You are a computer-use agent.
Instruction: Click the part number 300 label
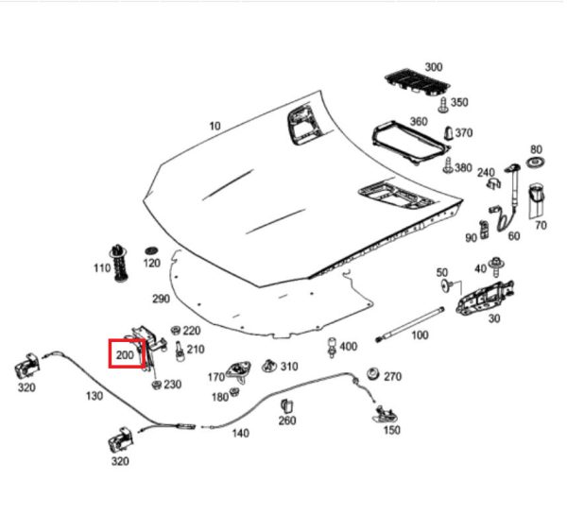click(x=434, y=67)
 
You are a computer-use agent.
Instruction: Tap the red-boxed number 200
click(x=126, y=355)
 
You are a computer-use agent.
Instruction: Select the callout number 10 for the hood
click(x=215, y=126)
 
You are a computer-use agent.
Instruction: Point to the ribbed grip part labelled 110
click(x=121, y=266)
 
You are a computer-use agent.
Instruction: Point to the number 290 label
click(x=161, y=299)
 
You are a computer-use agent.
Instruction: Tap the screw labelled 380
click(x=446, y=167)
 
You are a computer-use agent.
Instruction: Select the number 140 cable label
click(x=240, y=434)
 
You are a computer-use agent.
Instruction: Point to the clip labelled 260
click(x=287, y=406)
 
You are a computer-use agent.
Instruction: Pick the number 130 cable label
click(x=94, y=397)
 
